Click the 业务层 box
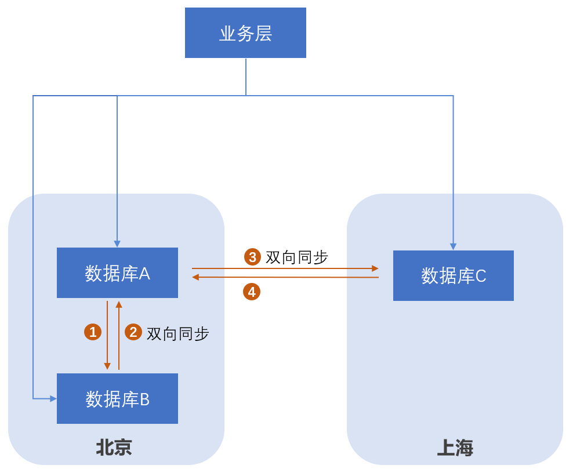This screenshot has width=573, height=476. tap(245, 33)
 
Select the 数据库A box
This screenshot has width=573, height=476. tap(117, 273)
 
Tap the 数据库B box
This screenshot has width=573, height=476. tap(117, 399)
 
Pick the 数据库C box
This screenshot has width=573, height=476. tap(454, 276)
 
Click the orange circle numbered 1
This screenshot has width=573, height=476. tap(93, 332)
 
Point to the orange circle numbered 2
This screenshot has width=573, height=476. tap(133, 332)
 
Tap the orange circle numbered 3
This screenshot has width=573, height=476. tap(253, 257)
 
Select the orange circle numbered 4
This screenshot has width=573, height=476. tap(252, 292)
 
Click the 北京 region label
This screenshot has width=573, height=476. tap(114, 448)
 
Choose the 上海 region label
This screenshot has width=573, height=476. tap(455, 448)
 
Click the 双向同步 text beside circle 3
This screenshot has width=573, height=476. tap(297, 257)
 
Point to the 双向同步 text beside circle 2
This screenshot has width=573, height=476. tap(177, 333)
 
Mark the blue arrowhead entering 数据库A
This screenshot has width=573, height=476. tap(117, 244)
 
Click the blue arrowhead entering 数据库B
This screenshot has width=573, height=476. tap(53, 398)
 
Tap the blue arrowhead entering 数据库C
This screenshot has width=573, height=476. tap(453, 246)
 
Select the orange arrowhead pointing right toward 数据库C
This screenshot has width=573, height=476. tap(375, 268)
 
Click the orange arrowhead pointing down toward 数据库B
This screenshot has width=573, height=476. tap(107, 366)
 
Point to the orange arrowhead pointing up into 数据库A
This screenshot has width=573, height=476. tap(119, 304)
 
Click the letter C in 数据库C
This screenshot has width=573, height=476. tap(481, 277)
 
